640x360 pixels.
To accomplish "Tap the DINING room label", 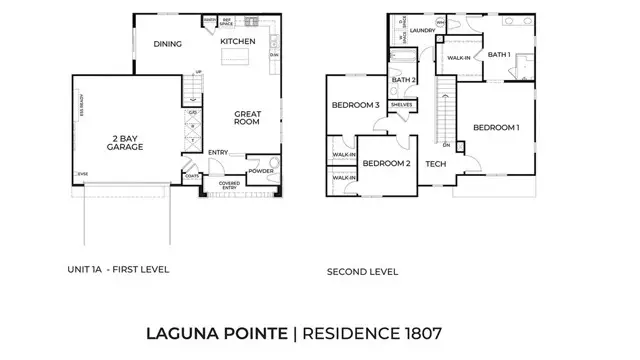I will point(167,44).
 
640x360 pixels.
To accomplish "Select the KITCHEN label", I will point(238,41).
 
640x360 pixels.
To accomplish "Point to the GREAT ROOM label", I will point(248,120).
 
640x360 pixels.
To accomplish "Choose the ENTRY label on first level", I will point(218,152).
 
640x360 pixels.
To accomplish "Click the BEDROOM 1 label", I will point(496,127).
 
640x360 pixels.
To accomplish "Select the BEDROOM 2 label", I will point(386,163).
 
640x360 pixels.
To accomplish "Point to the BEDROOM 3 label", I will point(356,105).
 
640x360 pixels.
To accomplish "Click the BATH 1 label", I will point(499,55).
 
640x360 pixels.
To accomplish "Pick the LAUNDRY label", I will point(422,30).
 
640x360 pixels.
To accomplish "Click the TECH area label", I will point(434,164).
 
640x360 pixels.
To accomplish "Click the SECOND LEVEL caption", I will point(362,271).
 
